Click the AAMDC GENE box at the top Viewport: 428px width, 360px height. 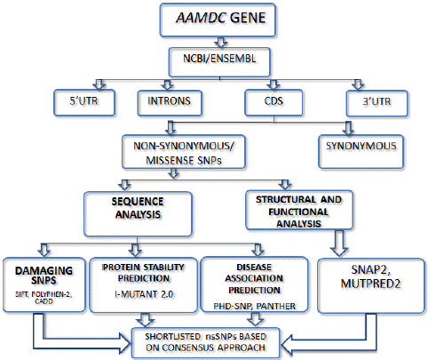tap(218, 20)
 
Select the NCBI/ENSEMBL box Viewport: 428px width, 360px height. tap(219, 62)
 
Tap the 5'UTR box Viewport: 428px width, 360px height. tap(84, 102)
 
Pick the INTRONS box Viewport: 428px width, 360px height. tap(170, 102)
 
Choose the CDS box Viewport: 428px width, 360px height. tap(273, 102)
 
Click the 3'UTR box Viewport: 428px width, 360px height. tap(376, 103)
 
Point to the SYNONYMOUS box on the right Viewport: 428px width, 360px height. tap(361, 152)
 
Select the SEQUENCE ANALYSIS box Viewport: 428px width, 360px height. tap(138, 214)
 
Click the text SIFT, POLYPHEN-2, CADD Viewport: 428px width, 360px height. tap(44, 298)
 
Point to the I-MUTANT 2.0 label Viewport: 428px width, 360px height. tap(144, 294)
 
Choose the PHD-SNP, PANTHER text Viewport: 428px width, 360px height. tap(254, 306)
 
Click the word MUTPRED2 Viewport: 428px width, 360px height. tap(370, 284)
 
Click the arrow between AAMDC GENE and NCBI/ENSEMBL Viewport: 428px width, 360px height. tap(221, 43)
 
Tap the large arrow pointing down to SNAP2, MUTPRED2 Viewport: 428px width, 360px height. tap(339, 243)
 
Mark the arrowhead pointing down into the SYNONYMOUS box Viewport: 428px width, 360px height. tap(348, 132)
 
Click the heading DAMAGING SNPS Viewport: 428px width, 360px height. tap(44, 276)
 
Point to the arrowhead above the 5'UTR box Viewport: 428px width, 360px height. tap(99, 85)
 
